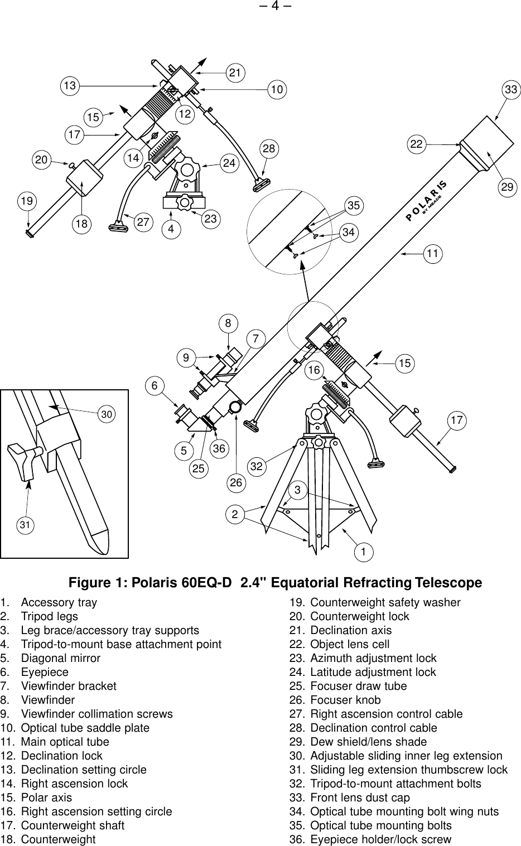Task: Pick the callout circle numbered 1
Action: tap(364, 552)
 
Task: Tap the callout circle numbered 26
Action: tap(237, 482)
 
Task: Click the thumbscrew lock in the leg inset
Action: tap(24, 460)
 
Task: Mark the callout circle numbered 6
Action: tap(156, 385)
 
